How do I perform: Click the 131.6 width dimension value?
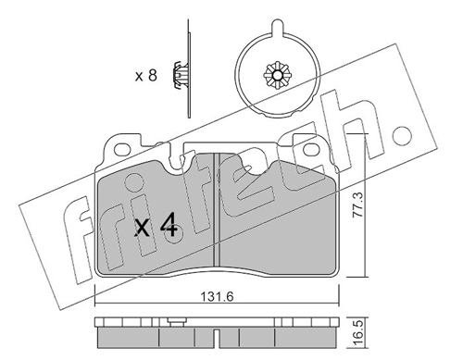coord(218,297)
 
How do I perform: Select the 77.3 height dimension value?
coord(358,205)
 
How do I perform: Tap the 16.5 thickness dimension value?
coord(358,334)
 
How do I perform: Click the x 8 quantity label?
coord(146,76)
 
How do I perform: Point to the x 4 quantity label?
coord(156,229)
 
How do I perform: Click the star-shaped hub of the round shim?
coord(278,75)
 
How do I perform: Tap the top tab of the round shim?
coord(277,27)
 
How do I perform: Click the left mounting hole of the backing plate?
coord(123,150)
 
